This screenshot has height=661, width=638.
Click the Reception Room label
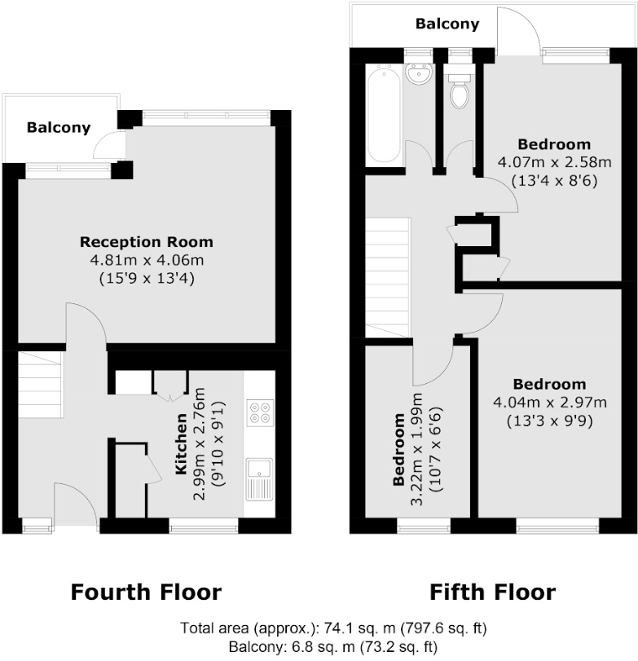point(146,242)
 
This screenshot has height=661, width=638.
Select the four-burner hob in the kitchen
point(260,412)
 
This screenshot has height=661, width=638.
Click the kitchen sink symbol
point(260,478)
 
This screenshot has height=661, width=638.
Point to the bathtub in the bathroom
point(383,116)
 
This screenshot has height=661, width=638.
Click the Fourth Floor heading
point(146,592)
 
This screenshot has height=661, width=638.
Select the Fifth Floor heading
point(492,592)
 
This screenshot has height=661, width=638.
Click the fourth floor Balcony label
point(58,128)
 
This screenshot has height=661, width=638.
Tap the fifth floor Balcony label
point(447,24)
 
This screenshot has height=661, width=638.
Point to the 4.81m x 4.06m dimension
point(146,260)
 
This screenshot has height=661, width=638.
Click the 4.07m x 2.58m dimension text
point(548,163)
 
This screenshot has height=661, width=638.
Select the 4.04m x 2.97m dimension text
point(549,402)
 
